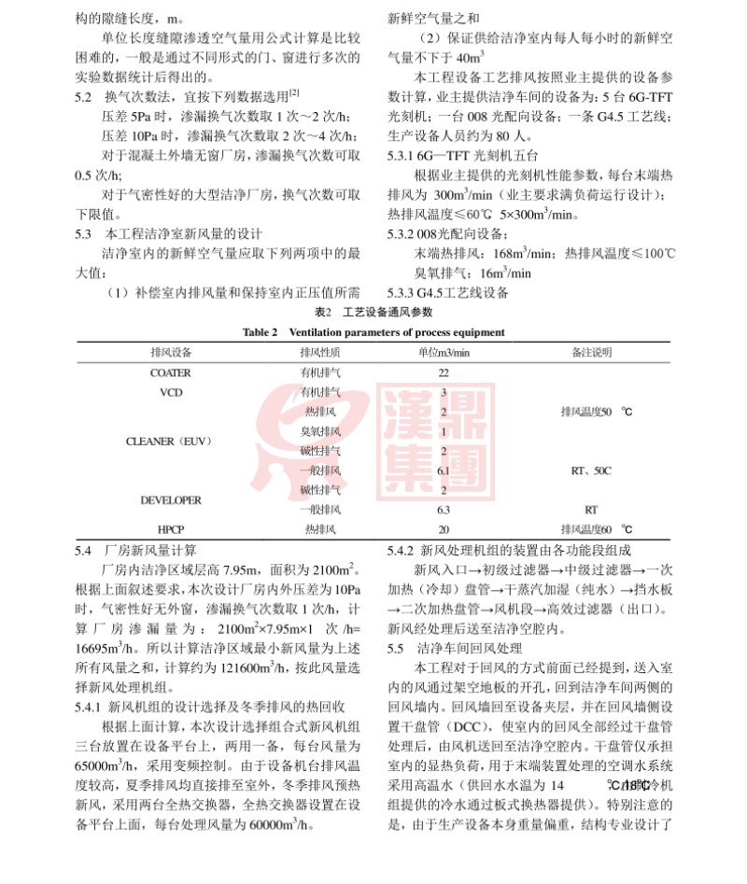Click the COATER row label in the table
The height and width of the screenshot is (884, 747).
(170, 372)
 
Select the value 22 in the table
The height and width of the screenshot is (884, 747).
(444, 372)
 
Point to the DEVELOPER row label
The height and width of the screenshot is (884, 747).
(171, 500)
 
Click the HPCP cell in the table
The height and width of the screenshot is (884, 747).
(171, 529)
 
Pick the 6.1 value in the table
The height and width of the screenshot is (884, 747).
(444, 470)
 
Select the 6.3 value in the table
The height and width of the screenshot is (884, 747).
(444, 510)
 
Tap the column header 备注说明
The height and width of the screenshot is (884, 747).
(591, 352)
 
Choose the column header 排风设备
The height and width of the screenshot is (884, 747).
(171, 352)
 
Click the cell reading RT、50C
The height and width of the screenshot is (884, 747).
(590, 470)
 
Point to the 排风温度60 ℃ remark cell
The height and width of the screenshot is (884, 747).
(592, 529)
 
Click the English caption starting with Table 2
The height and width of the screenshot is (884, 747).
(373, 332)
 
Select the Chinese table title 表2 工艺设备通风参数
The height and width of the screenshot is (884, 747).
(373, 312)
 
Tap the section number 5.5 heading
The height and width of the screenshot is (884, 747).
(396, 647)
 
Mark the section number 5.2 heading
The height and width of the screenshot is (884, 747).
(84, 94)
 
